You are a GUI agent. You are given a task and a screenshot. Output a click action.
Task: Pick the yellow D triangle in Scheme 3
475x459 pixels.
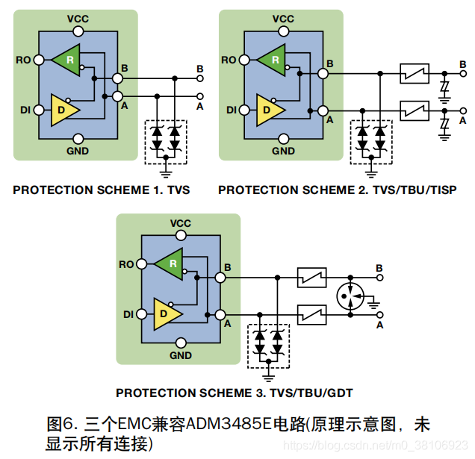tap(166, 313)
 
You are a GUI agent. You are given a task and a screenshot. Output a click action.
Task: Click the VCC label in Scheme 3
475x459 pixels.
tap(181, 223)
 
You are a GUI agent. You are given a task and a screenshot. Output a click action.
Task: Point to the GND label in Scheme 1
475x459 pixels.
tap(78, 151)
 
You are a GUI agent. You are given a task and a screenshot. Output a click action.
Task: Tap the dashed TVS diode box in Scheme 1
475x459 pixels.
tap(166, 140)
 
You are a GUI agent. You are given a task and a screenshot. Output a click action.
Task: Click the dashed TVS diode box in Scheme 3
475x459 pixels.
tap(269, 346)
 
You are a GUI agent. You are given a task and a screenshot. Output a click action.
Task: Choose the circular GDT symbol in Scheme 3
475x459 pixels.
tap(349, 296)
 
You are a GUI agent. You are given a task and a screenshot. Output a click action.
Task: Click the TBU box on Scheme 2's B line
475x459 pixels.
tap(413, 73)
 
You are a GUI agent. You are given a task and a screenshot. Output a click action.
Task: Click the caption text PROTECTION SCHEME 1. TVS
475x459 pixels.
tap(102, 190)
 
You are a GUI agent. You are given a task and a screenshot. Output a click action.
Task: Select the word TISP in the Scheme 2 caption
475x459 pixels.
tap(442, 190)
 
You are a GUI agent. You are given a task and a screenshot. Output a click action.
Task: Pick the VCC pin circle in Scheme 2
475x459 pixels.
tap(283, 31)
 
